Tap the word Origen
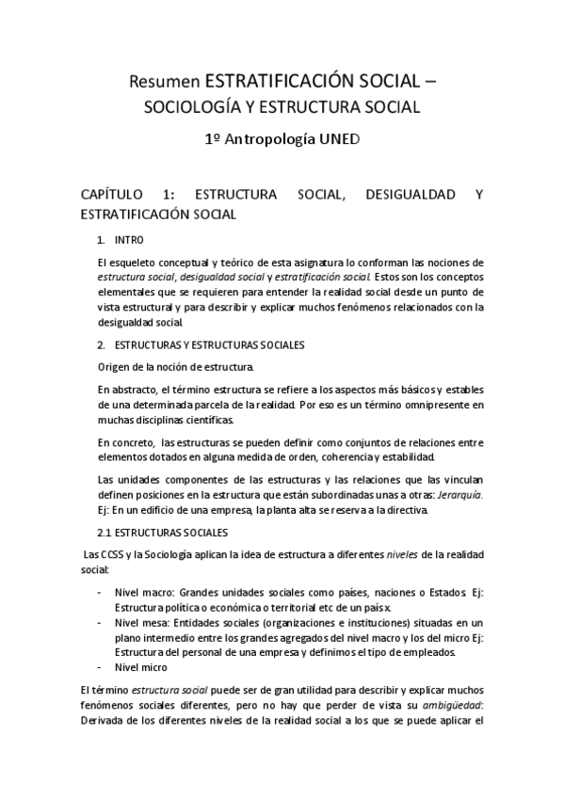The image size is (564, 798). (x=117, y=365)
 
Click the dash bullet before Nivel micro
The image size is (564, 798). (x=100, y=667)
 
